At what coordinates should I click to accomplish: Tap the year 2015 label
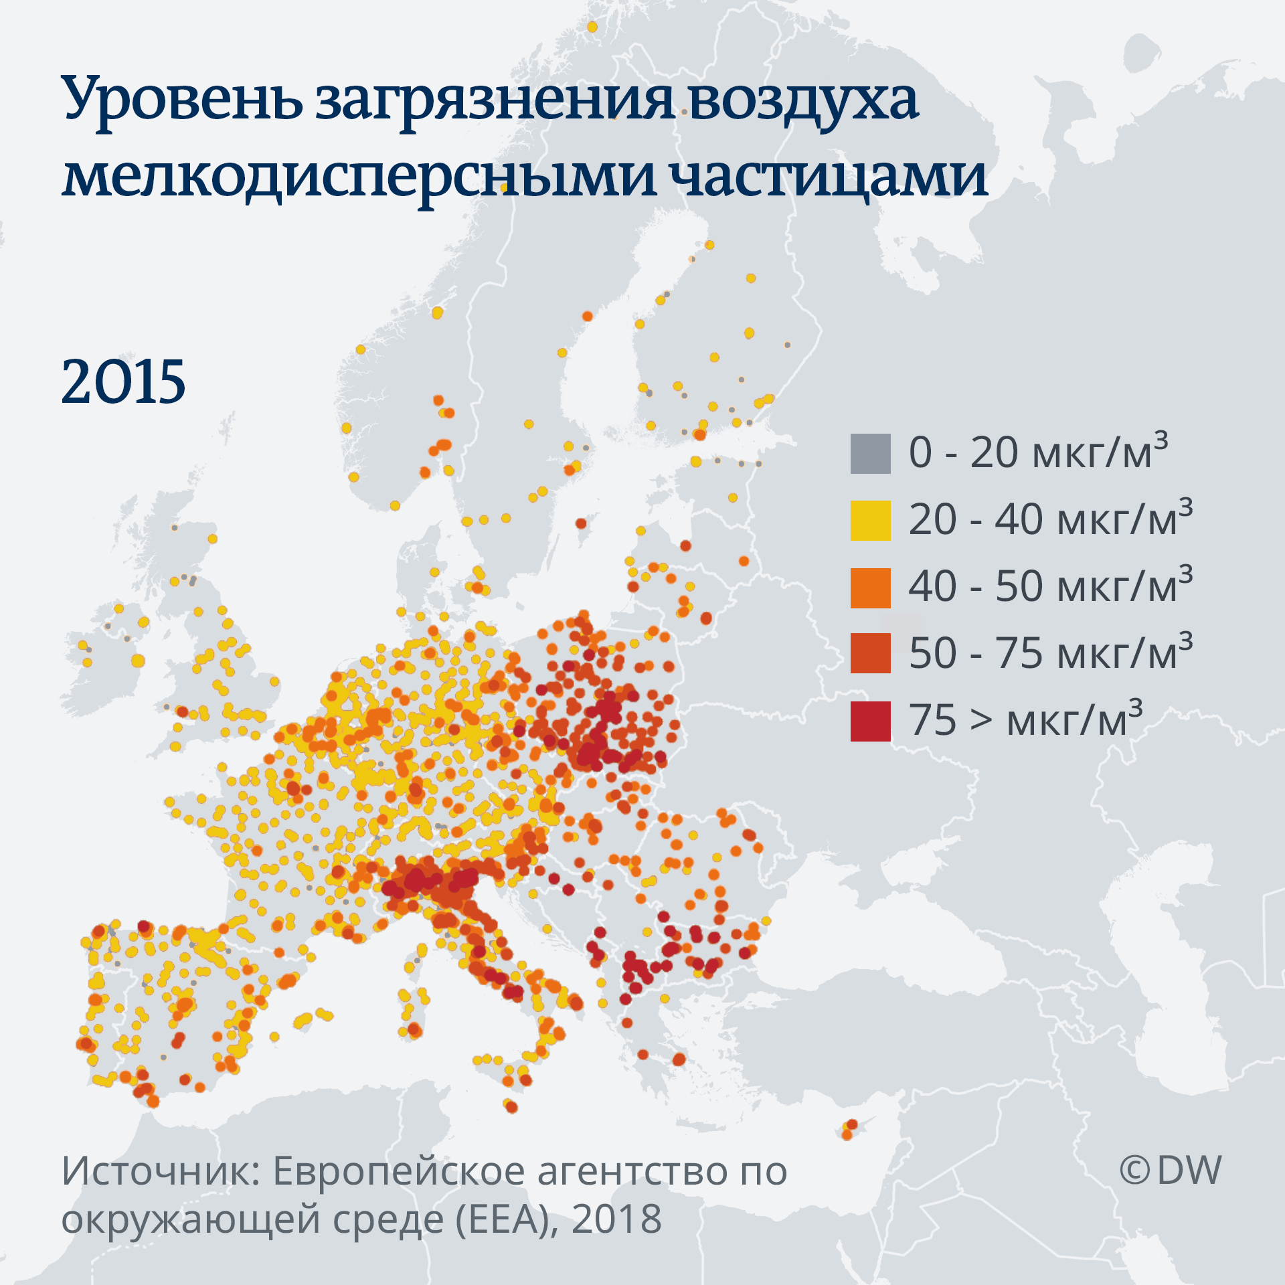point(123,381)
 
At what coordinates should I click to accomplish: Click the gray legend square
point(870,454)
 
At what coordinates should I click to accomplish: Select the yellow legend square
point(870,520)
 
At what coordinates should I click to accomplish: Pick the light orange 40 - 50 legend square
point(870,588)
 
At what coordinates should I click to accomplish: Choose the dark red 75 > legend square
point(870,721)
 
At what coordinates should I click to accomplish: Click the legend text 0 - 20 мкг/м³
point(1037,452)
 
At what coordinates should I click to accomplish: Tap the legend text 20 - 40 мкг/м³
point(1049,519)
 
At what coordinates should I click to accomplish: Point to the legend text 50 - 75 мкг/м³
point(1049,653)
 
